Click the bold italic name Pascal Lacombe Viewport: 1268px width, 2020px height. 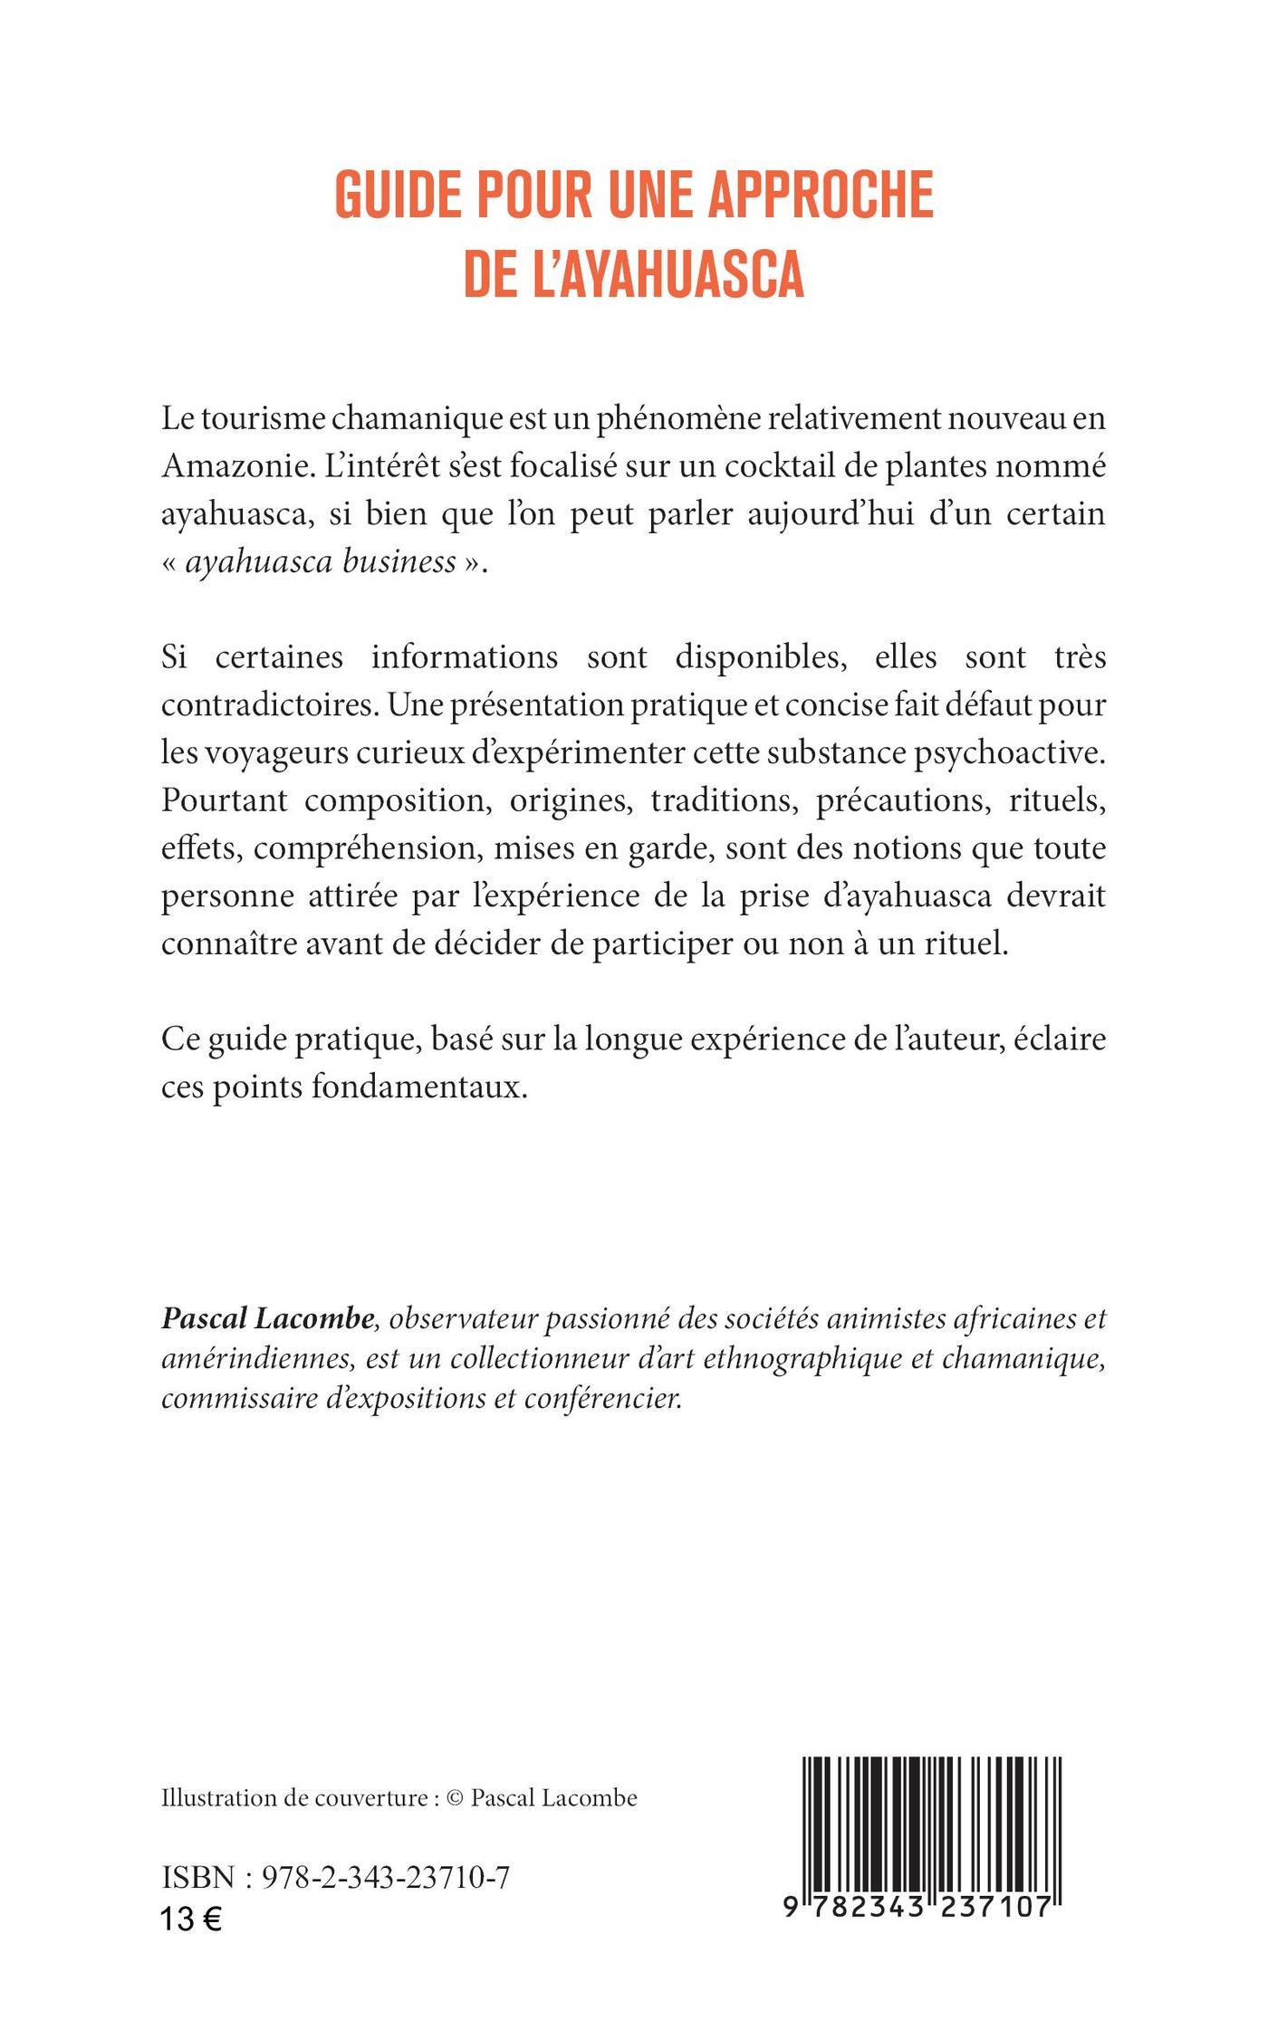point(267,1319)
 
